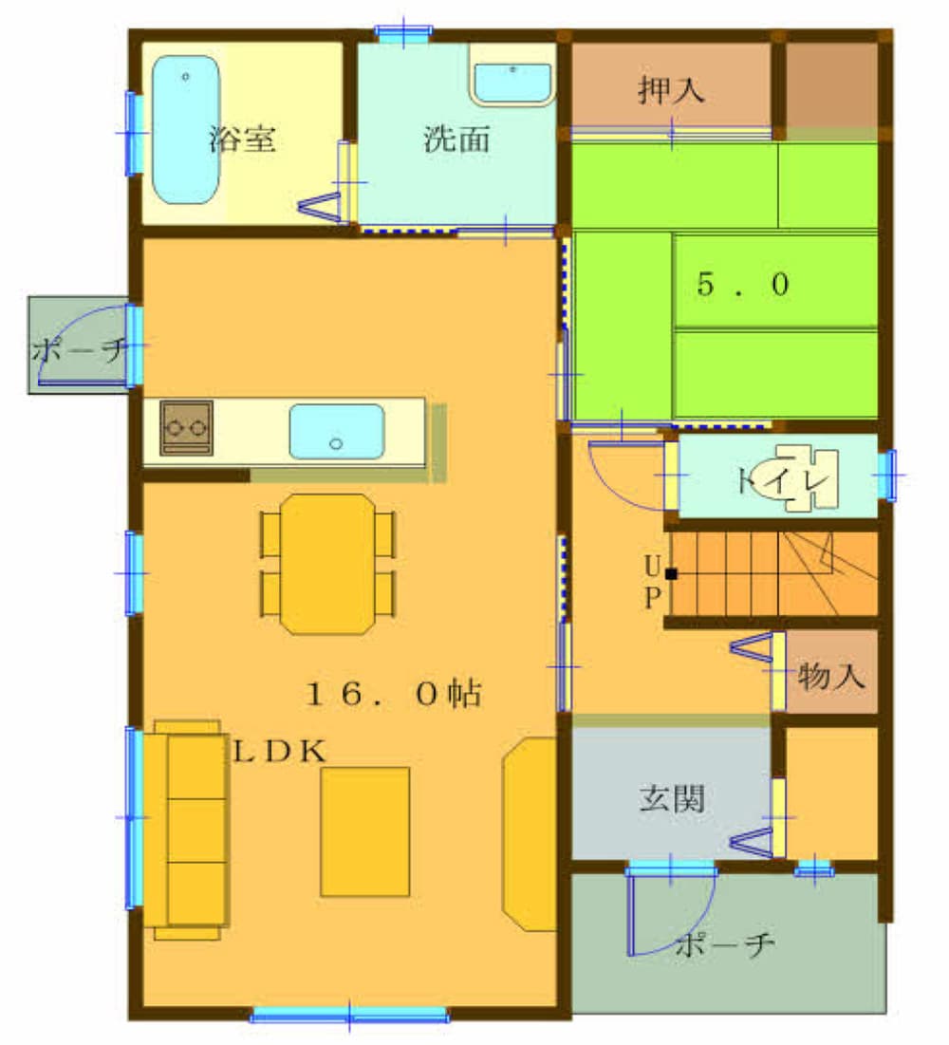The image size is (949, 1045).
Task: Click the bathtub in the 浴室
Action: tap(186, 129)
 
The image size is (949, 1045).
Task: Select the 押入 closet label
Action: tap(670, 90)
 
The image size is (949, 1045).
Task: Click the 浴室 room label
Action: tap(242, 139)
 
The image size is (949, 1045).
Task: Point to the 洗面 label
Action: tap(456, 139)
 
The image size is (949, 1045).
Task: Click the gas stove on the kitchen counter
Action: tap(187, 428)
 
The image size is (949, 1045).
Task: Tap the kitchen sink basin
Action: tap(337, 431)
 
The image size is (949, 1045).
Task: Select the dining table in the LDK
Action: tap(327, 564)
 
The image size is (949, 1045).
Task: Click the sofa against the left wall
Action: tap(187, 830)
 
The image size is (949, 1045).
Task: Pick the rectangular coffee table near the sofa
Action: tap(364, 831)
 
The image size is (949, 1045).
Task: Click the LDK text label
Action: tap(280, 752)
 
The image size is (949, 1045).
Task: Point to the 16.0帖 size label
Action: tap(394, 694)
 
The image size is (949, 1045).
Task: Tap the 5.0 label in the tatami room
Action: tap(743, 285)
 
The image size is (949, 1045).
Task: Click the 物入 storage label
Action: tap(831, 676)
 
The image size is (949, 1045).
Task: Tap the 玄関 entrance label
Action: tap(672, 797)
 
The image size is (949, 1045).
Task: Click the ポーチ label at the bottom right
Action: tap(725, 944)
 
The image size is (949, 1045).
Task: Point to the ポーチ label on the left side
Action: tap(80, 349)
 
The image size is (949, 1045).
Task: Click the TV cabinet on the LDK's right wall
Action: tap(530, 833)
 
